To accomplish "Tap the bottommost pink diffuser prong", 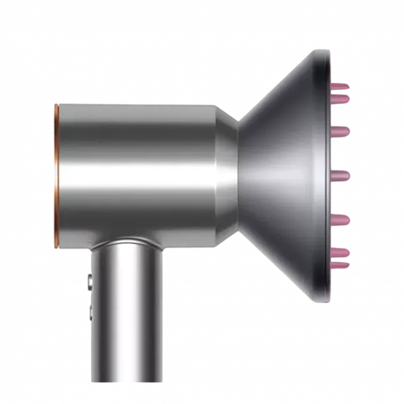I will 340,265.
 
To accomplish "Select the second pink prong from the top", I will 340,98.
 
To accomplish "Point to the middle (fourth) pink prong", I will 340,174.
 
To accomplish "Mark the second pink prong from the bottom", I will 340,252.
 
